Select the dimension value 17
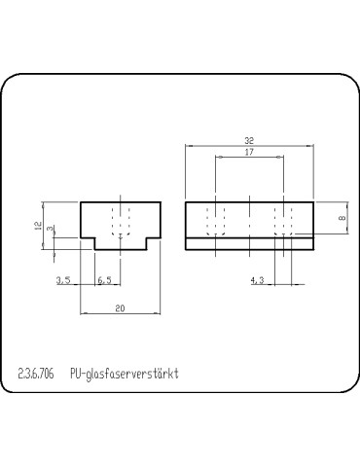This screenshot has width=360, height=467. pos(249,153)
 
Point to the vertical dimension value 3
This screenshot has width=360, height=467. pos(52,230)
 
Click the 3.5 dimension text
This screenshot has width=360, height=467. pos(64,280)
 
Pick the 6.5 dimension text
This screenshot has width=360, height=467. pos(105,280)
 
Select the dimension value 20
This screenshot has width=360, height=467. pos(119,307)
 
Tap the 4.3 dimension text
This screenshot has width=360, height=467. pos(258,280)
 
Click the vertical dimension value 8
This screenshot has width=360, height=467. pos(340,219)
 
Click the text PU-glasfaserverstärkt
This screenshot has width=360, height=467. pos(126,373)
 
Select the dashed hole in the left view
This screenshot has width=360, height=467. pos(121,220)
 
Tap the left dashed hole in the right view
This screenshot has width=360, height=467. pos(217,220)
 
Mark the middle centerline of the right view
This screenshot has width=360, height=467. pos(250,220)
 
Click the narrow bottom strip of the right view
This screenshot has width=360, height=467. pos(250,244)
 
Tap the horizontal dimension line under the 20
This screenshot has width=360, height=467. pos(119,313)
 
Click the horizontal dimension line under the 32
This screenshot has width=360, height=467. pos(250,146)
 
